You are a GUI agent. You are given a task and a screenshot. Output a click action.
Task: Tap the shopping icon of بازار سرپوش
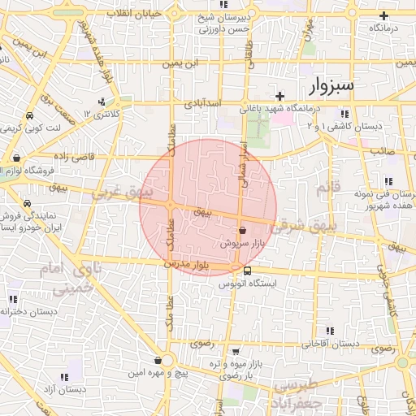coord(242,230)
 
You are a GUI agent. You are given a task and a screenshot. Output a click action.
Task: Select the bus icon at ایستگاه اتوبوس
coord(247,271)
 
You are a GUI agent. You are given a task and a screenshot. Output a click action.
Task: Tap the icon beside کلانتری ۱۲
coord(102,102)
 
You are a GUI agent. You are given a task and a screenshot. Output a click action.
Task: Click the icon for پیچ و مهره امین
coord(157,360)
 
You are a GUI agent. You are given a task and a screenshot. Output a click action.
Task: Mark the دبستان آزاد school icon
coord(64,377)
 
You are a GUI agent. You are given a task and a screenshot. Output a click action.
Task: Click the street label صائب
coord(382,151)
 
